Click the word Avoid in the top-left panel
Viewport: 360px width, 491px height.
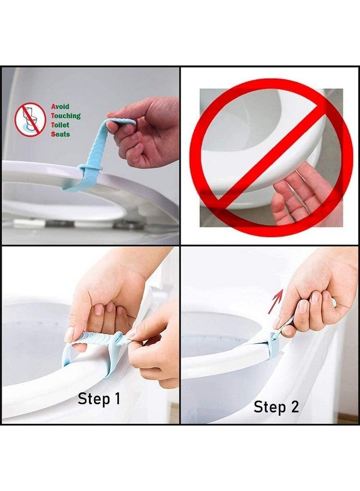[x=60, y=107]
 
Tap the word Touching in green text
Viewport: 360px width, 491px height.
[x=65, y=116]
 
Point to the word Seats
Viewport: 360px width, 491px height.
[x=60, y=134]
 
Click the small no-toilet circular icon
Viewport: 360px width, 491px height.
[x=30, y=119]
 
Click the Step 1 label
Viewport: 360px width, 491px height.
[x=99, y=399]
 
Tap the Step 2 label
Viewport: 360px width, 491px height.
[x=277, y=406]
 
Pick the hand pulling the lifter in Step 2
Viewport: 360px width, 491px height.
[x=311, y=295]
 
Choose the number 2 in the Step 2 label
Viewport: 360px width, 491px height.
[x=295, y=406]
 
